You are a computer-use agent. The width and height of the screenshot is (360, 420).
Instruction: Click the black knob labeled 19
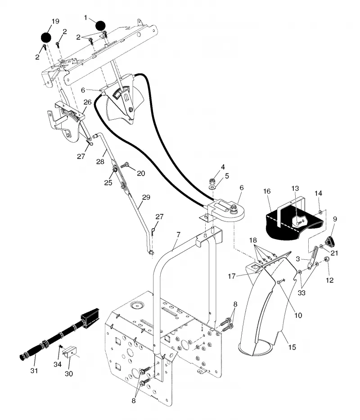[46, 38]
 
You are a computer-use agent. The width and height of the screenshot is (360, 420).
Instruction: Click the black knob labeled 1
[100, 26]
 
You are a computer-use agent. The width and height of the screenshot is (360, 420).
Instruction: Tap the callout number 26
[88, 102]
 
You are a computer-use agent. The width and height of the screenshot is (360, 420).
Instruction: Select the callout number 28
[100, 162]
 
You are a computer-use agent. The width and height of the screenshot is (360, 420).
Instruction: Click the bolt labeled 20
[125, 166]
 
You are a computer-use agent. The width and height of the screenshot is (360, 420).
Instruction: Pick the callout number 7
[178, 235]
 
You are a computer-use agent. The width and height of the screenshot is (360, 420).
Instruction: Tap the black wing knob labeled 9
[330, 241]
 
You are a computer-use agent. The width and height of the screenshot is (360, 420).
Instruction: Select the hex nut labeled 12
[327, 260]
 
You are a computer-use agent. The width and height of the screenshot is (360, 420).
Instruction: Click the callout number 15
[292, 347]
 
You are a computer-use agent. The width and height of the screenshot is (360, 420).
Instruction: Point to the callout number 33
[301, 293]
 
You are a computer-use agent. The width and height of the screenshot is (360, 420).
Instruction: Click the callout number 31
[34, 371]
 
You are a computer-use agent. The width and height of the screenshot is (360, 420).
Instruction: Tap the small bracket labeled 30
[70, 352]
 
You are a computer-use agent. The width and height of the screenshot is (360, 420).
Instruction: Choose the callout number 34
[58, 364]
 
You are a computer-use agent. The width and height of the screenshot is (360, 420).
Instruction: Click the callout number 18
[253, 240]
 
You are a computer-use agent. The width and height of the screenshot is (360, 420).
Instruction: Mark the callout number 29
[146, 198]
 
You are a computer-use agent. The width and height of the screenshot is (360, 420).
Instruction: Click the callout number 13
[295, 188]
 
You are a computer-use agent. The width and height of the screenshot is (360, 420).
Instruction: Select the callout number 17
[232, 276]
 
